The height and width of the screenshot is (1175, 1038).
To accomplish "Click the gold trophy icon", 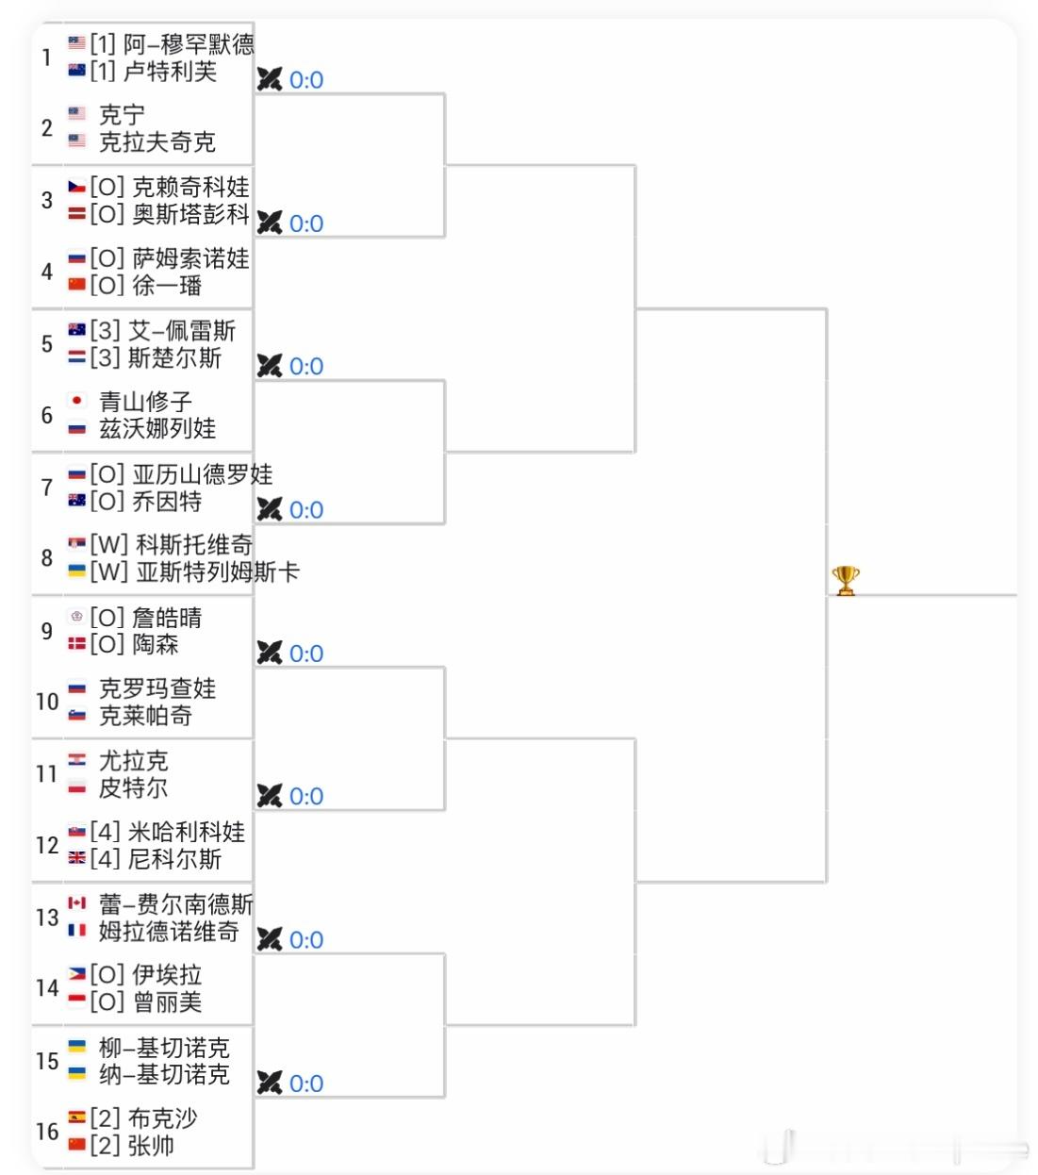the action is click(845, 580).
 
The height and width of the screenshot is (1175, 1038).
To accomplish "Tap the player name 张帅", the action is click(151, 1146).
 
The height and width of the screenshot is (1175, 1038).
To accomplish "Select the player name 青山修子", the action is click(145, 402).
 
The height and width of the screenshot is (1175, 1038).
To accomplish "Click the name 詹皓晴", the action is click(166, 618).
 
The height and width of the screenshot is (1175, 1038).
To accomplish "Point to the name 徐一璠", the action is click(166, 285).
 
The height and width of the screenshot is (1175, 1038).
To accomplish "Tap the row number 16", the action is click(47, 1132).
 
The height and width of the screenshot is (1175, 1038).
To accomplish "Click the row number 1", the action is click(46, 58).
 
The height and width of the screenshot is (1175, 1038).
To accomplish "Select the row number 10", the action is click(47, 702).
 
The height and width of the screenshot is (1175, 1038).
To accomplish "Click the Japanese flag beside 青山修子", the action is click(77, 401).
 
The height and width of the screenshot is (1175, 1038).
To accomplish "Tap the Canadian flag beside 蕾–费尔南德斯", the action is click(77, 903).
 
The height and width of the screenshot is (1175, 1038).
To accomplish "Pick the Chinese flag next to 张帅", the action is click(77, 1145).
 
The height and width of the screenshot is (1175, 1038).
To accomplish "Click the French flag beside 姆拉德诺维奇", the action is click(77, 931).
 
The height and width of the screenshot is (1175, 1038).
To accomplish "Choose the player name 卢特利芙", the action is click(170, 71).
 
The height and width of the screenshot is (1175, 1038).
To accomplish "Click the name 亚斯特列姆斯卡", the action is click(217, 571).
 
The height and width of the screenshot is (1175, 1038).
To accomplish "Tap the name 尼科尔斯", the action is click(174, 859).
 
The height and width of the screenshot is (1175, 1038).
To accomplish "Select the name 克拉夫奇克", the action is click(157, 141).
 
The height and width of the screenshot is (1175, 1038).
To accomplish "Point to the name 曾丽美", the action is click(166, 1001).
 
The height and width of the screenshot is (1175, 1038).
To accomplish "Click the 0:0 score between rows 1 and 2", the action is click(306, 80).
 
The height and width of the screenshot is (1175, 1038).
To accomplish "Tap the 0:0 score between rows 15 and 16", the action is click(306, 1084).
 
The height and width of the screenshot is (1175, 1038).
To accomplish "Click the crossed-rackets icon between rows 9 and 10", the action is click(270, 653).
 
